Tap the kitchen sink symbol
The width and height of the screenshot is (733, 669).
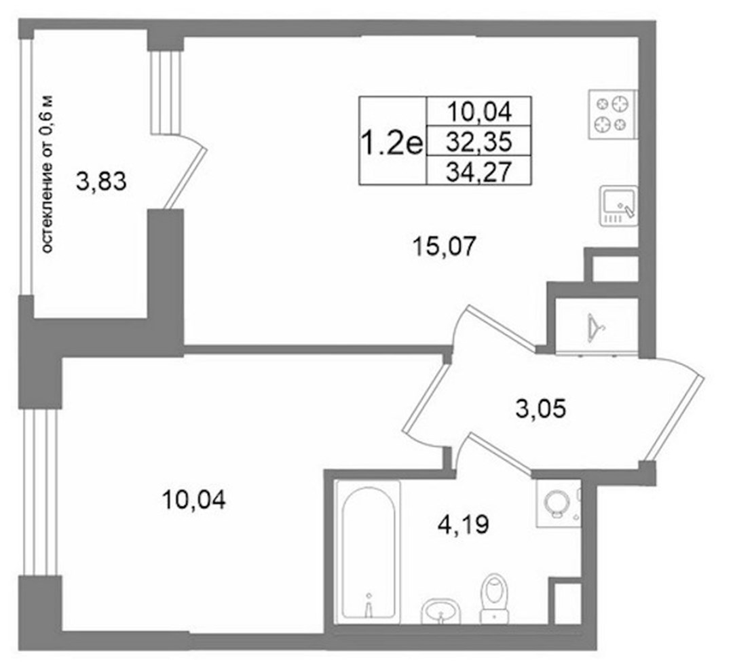tap(619, 206)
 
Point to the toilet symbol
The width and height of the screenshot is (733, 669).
tap(493, 598)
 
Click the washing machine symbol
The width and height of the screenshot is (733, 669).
tap(558, 503)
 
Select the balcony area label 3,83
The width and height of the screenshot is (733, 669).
tap(101, 181)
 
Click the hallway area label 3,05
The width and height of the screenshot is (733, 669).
tap(541, 408)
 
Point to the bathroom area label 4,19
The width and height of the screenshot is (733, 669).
tap(464, 524)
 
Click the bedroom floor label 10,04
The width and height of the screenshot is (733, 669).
tap(193, 500)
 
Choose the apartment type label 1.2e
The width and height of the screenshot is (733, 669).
tap(392, 142)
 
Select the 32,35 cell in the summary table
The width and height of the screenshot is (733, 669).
tap(479, 141)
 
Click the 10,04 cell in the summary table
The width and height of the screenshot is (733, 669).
tap(480, 111)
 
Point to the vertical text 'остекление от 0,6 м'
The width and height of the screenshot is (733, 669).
tap(48, 174)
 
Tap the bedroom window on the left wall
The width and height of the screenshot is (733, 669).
tap(39, 493)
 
